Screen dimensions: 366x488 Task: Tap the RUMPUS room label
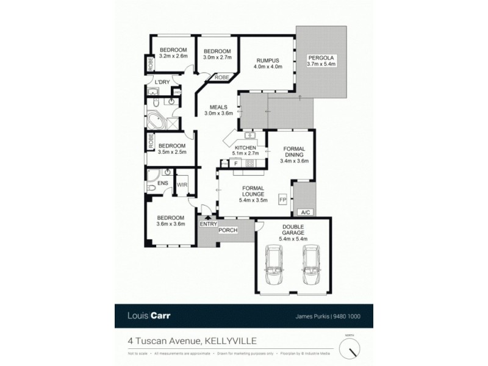pos(267,60)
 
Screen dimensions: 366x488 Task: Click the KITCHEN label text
pos(245,148)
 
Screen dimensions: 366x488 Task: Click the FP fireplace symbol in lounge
pos(282,199)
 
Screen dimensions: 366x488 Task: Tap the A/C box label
pos(303,212)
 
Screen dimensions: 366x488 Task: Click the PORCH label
pos(228,230)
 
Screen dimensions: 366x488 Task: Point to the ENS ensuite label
pos(162,183)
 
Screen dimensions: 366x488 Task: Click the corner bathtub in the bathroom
pos(154,120)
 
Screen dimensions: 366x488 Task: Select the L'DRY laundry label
pos(162,82)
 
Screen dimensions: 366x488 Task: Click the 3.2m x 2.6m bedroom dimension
pos(173,56)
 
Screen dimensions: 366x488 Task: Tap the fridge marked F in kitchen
pos(235,163)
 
